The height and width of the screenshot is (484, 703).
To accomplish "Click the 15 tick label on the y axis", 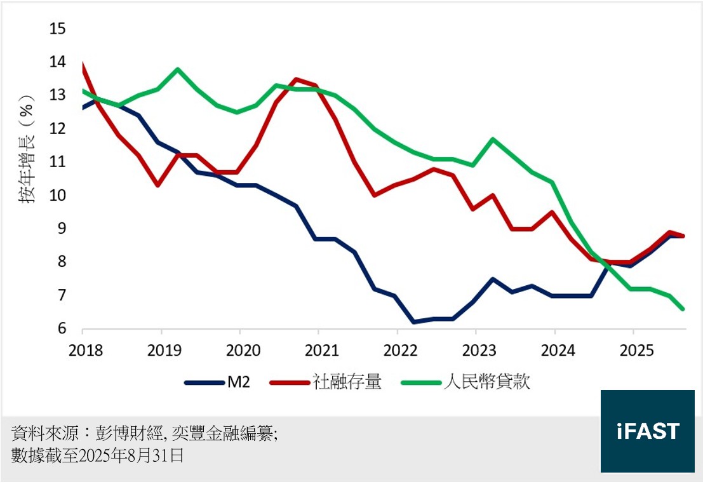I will pyautogui.click(x=58, y=29).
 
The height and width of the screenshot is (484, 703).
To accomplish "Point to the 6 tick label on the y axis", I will pyautogui.click(x=62, y=328).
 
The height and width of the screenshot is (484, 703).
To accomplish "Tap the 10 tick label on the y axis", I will pyautogui.click(x=58, y=195).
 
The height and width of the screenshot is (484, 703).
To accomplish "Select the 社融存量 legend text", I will pyautogui.click(x=347, y=382).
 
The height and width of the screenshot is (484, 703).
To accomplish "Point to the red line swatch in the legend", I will pyautogui.click(x=290, y=382).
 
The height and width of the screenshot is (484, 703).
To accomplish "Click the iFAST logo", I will pyautogui.click(x=647, y=431).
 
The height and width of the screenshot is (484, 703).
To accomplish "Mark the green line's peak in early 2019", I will pyautogui.click(x=177, y=69).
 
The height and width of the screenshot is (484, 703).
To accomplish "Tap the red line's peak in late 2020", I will pyautogui.click(x=296, y=79).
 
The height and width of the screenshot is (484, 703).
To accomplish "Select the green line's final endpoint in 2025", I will pyautogui.click(x=683, y=309).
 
